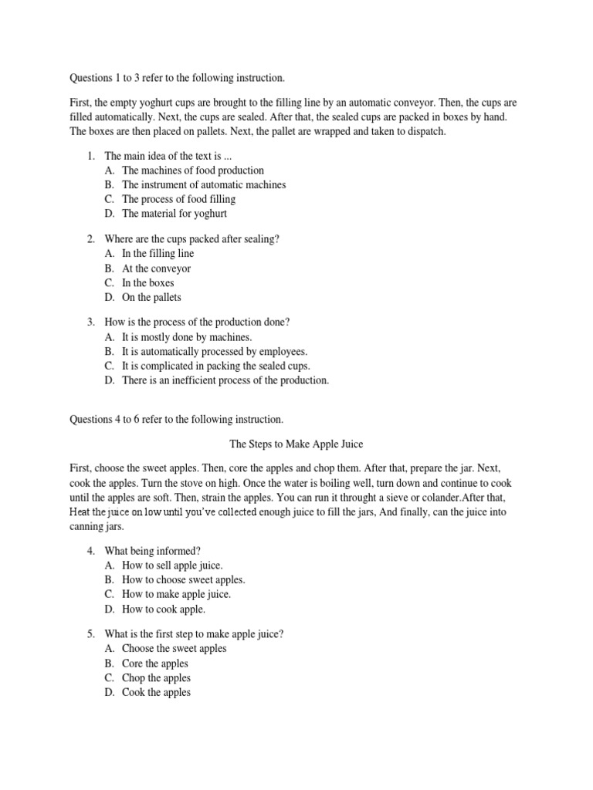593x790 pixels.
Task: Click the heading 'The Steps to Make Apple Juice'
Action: pyautogui.click(x=296, y=444)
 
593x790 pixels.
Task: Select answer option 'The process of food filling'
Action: pyautogui.click(x=178, y=199)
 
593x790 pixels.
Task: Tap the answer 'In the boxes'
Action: pyautogui.click(x=147, y=283)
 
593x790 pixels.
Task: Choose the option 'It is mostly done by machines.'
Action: pyautogui.click(x=187, y=337)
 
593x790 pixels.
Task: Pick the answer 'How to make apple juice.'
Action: pyautogui.click(x=176, y=595)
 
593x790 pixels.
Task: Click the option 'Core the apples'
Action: pyautogui.click(x=154, y=663)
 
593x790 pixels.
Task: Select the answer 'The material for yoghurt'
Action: pyautogui.click(x=174, y=214)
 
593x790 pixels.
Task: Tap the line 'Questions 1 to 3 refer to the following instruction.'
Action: pyautogui.click(x=178, y=78)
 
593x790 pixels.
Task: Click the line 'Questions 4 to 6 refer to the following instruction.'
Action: pyautogui.click(x=177, y=420)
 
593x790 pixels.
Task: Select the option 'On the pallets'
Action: pyautogui.click(x=151, y=298)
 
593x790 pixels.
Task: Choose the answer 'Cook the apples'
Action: pyautogui.click(x=156, y=693)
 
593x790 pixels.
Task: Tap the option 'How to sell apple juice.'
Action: pyautogui.click(x=172, y=565)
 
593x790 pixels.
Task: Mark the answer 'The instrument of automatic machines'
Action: pyautogui.click(x=204, y=184)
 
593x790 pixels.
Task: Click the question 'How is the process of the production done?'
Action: pyautogui.click(x=199, y=322)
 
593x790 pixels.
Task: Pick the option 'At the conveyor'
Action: pyautogui.click(x=156, y=268)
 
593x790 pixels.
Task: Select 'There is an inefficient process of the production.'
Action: pyautogui.click(x=225, y=380)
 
